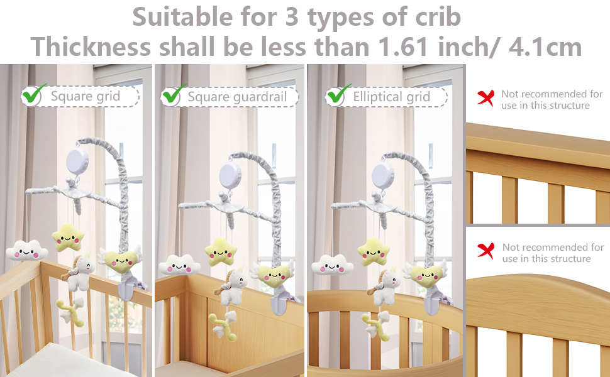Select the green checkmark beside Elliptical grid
(x=338, y=95)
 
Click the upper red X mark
(x=485, y=97)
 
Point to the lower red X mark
(x=485, y=251)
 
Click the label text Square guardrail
(x=237, y=97)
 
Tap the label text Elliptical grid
(x=391, y=97)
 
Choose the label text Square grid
(x=85, y=97)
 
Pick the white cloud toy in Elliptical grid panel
(x=333, y=264)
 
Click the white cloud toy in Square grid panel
(x=26, y=251)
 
